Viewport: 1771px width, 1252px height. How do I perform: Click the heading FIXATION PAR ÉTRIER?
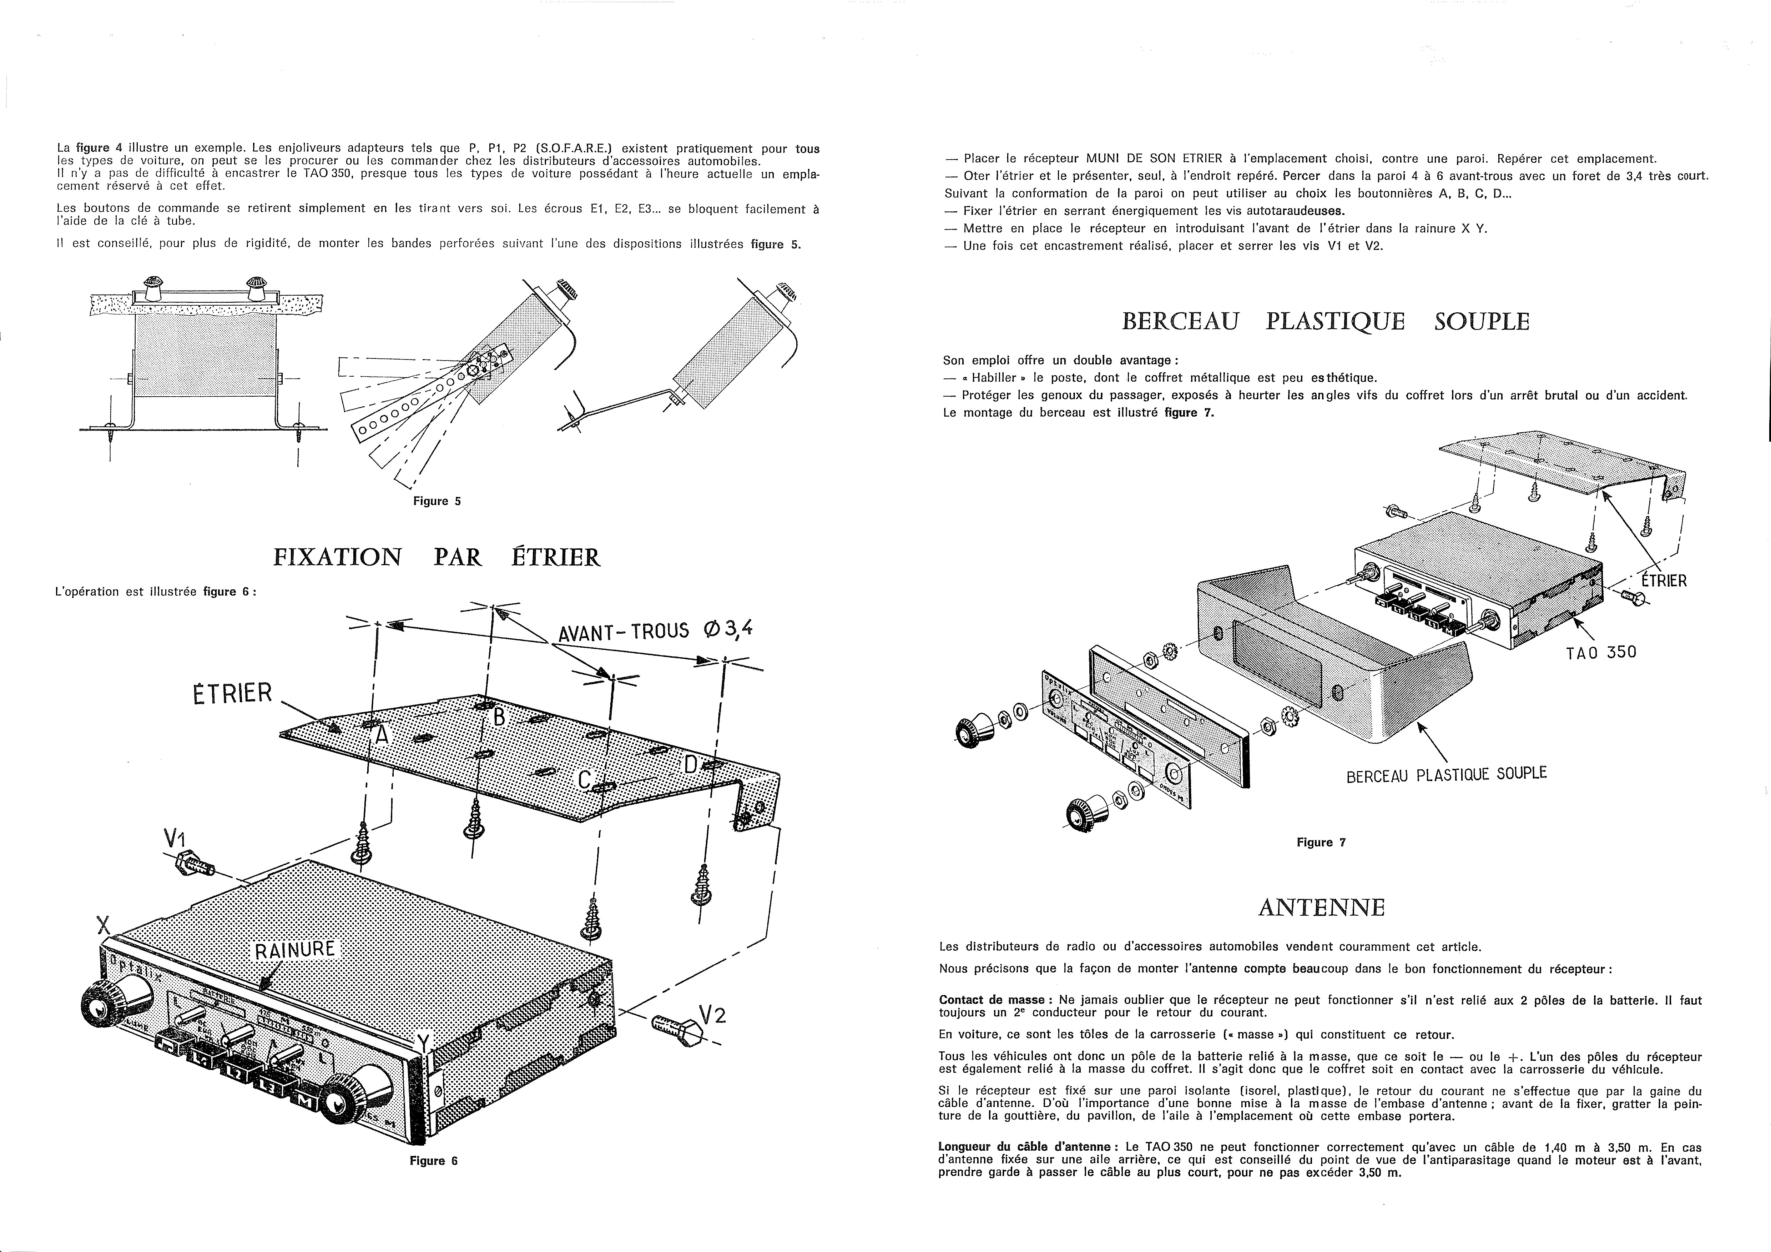click(x=437, y=557)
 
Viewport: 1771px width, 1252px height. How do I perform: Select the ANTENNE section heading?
click(x=1321, y=908)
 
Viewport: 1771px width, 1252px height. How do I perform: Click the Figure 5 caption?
click(x=437, y=502)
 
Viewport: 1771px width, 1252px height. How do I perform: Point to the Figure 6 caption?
click(x=434, y=1161)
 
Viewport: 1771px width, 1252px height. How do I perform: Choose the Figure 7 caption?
click(x=1321, y=843)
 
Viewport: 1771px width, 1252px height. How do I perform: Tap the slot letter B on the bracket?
click(x=499, y=718)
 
